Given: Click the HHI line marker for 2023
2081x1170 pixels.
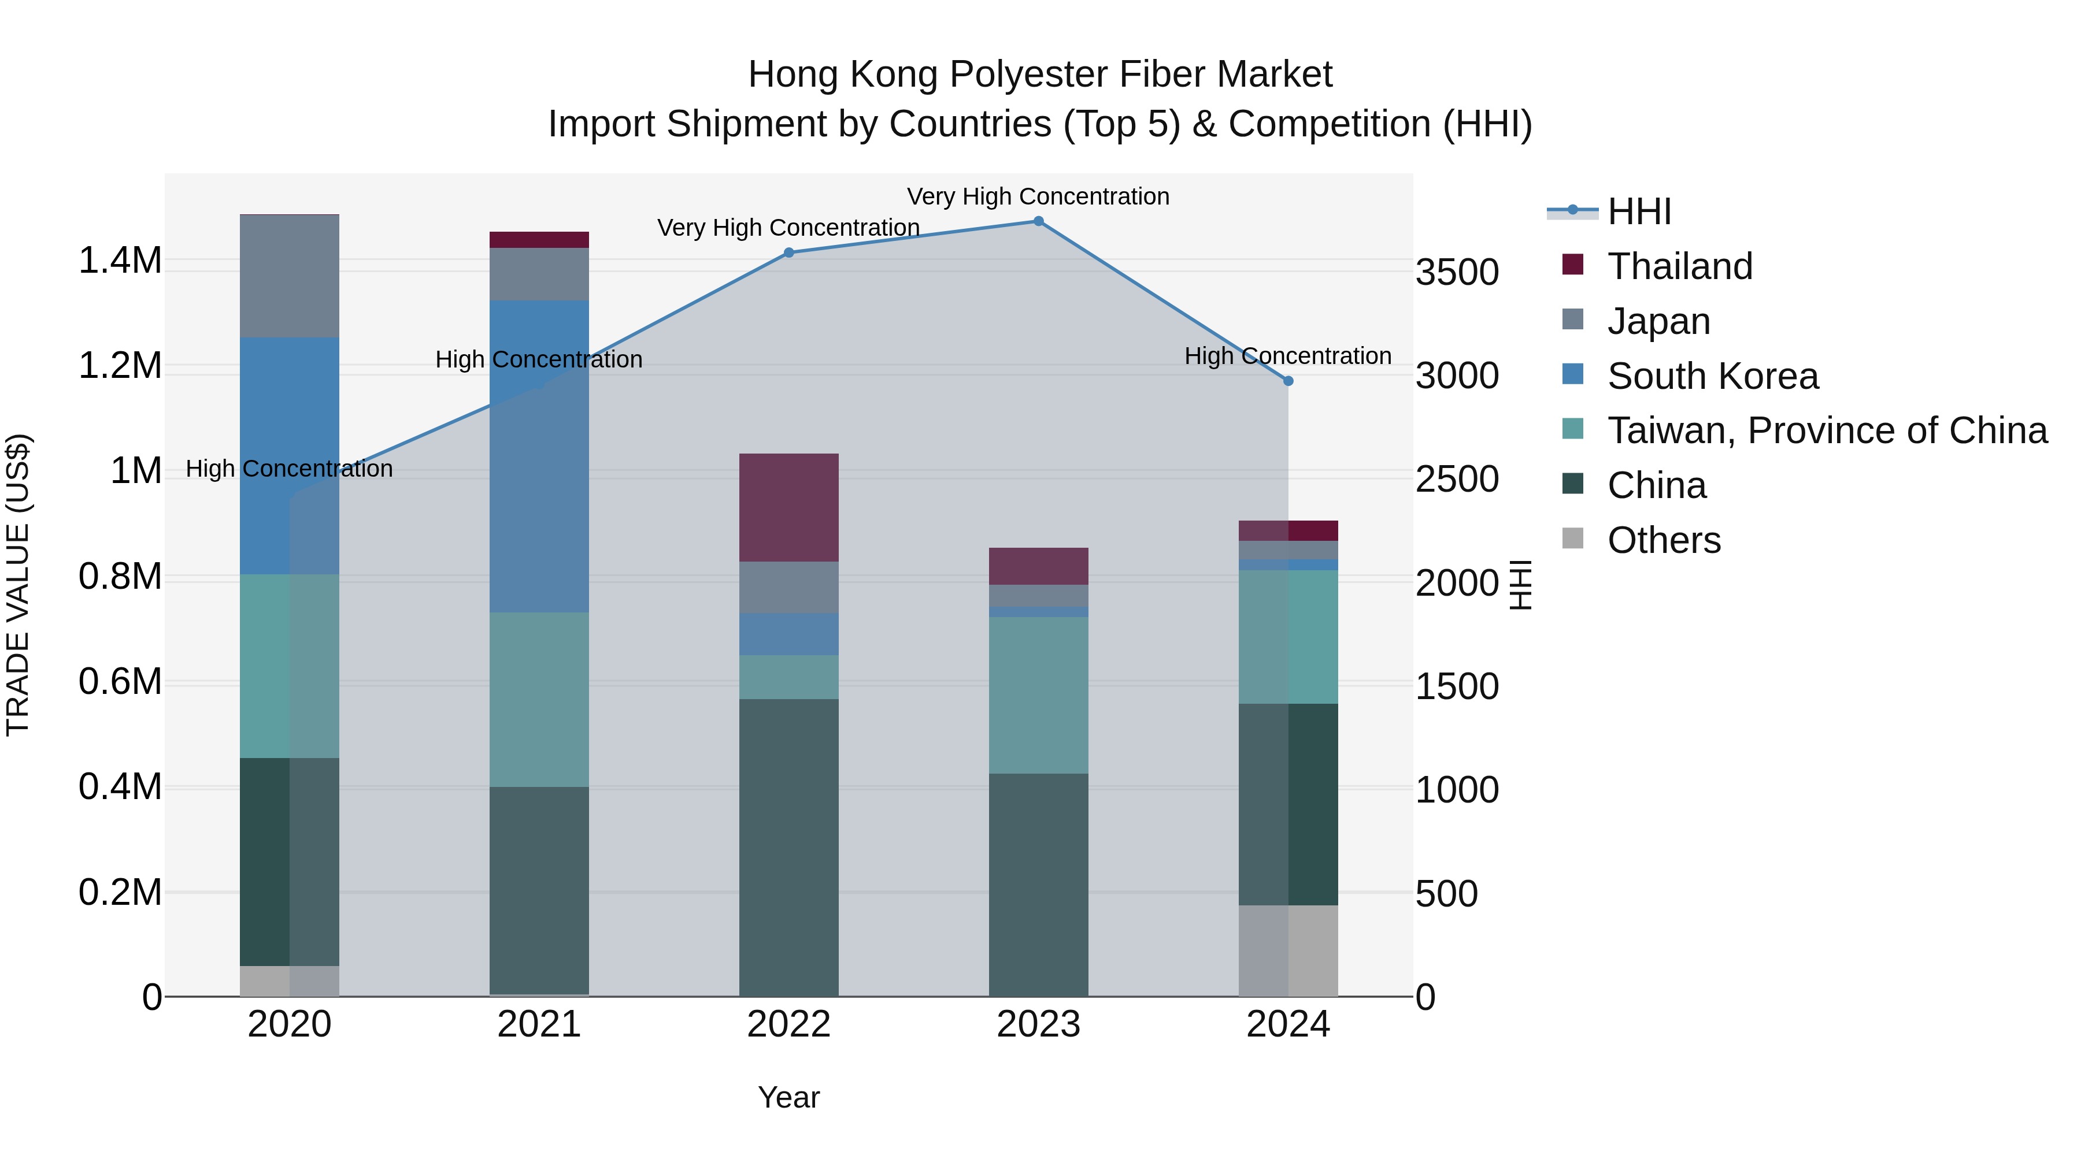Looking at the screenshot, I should [1038, 221].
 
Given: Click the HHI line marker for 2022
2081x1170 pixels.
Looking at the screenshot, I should [789, 252].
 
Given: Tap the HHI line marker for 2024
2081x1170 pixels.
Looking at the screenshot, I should [1288, 381].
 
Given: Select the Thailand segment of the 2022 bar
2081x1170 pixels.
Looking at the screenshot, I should [789, 507].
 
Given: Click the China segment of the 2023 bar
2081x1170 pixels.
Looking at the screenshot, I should [1038, 884].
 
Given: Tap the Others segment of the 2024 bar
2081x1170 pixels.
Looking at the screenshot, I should [1288, 950].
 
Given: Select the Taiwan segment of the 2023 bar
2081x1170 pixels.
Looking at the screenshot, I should [1038, 695].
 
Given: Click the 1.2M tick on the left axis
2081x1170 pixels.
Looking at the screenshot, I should [120, 366].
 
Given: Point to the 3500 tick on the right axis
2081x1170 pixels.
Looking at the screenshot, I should [1457, 272].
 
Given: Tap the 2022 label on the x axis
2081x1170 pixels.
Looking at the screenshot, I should [789, 1024].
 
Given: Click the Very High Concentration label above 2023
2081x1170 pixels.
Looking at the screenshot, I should [1038, 196].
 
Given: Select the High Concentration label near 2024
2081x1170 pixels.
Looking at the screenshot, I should [1288, 356].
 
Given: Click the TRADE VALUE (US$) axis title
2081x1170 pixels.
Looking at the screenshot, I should [18, 585].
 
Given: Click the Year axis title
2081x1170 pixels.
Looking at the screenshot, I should [788, 1097].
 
